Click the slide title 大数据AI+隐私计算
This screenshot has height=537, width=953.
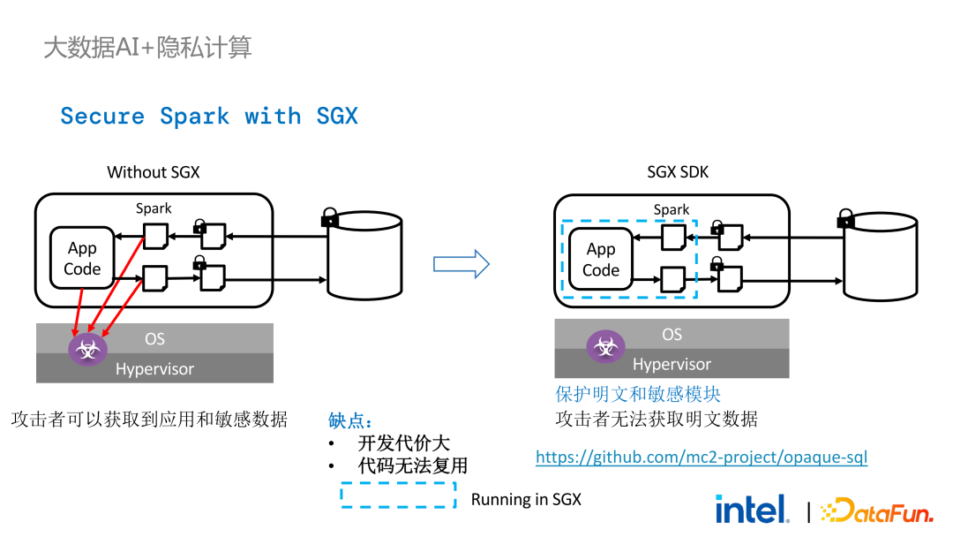(147, 47)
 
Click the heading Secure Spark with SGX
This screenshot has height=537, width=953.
(209, 117)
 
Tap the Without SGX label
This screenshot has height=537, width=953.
(154, 172)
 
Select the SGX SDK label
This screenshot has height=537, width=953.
(678, 172)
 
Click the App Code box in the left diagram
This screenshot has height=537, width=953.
(82, 258)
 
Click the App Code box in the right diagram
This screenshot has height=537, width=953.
(601, 260)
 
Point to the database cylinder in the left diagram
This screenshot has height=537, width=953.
(364, 256)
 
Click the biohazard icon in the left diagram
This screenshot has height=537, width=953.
(87, 350)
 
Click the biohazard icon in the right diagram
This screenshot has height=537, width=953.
(606, 346)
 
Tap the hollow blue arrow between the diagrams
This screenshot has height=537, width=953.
(461, 263)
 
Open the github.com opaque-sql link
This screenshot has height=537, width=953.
(702, 458)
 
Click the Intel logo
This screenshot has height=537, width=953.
(752, 509)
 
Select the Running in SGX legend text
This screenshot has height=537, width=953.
(526, 499)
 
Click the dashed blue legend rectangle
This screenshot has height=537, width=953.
(399, 495)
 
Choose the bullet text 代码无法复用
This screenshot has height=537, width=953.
(412, 465)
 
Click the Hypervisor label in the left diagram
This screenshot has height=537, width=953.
(154, 369)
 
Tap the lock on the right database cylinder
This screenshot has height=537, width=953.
(845, 217)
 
